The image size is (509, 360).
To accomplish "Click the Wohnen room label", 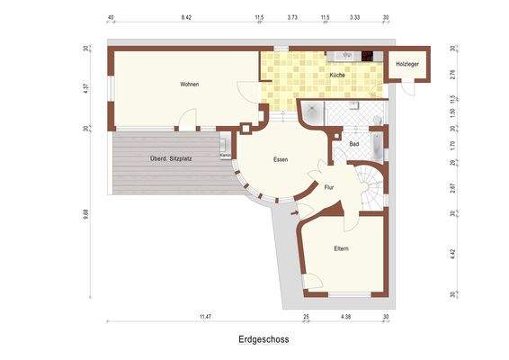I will pyautogui.click(x=189, y=84).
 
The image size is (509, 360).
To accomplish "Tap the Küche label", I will pyautogui.click(x=337, y=75).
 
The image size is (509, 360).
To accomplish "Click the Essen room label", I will pyautogui.click(x=281, y=159).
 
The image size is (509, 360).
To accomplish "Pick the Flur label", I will pyautogui.click(x=329, y=187).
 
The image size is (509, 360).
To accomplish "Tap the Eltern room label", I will pyautogui.click(x=341, y=248).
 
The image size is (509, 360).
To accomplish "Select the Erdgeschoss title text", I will pyautogui.click(x=263, y=340).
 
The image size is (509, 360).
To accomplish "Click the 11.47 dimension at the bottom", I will pyautogui.click(x=205, y=317).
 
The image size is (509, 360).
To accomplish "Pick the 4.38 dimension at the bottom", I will pyautogui.click(x=345, y=317).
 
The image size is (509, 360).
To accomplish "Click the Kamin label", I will pyautogui.click(x=225, y=156).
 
